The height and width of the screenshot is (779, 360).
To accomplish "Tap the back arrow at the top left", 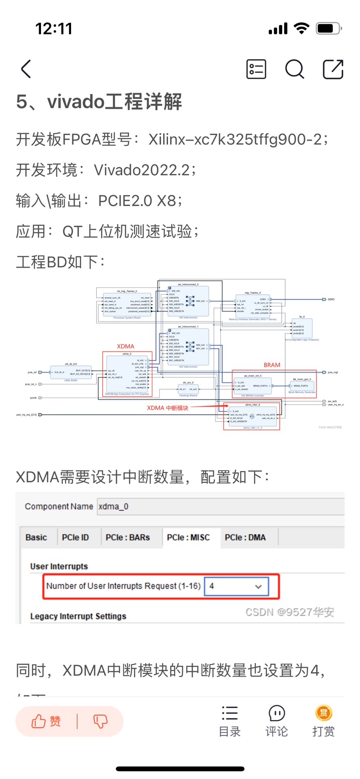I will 26,69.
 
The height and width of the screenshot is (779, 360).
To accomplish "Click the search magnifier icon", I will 294,69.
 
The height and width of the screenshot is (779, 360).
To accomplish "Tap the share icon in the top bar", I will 333,69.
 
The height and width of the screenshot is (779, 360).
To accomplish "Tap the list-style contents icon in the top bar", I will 256,69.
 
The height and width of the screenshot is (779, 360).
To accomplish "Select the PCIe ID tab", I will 75,537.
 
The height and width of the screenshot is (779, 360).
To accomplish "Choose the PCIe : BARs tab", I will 127,537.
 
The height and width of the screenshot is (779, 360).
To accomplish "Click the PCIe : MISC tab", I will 188,537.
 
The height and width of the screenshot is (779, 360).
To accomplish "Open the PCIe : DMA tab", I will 245,537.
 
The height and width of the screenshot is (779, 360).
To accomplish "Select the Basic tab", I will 36,537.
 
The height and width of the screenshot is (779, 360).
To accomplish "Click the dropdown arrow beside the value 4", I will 258,586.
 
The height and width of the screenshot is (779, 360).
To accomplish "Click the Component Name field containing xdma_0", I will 219,506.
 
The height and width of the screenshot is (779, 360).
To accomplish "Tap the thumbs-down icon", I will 100,721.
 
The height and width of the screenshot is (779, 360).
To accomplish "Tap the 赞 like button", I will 46,721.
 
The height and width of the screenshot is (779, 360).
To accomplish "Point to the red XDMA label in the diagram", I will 125,346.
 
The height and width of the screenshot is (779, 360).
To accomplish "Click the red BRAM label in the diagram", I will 272,365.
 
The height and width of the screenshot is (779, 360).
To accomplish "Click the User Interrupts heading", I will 59,566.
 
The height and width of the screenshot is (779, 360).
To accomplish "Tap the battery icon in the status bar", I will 328,28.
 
